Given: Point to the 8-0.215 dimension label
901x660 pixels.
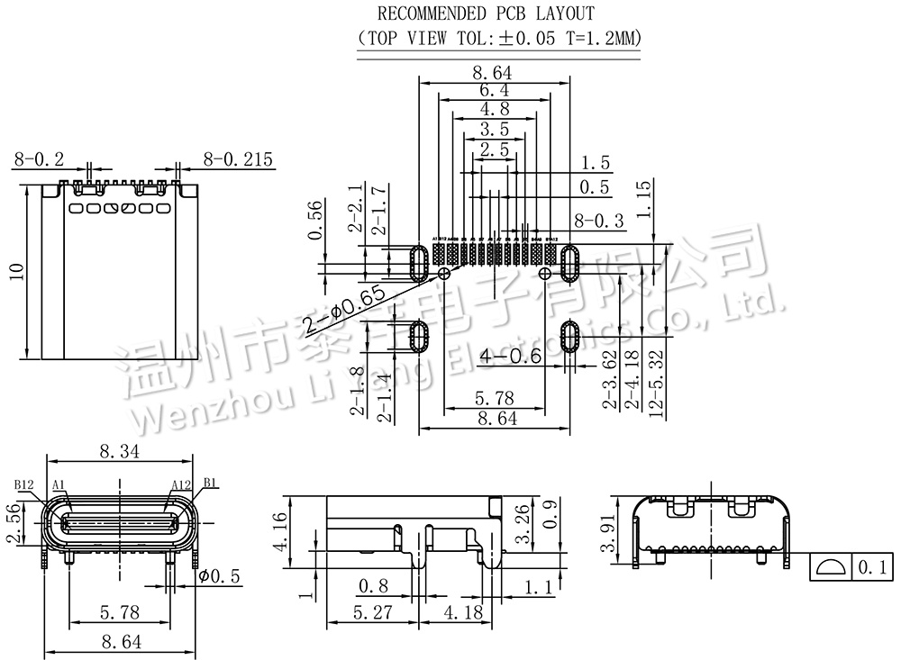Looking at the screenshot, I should point(238,160).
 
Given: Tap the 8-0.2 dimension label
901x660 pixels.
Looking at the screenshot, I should point(39,160).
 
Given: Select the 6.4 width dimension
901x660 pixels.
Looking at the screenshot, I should point(495,91).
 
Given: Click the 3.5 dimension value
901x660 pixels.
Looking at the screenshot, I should point(495,129).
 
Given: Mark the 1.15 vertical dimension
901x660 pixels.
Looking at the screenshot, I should point(643,200).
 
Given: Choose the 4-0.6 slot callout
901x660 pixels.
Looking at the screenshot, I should point(510,357).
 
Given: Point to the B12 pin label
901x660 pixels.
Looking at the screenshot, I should point(24,484).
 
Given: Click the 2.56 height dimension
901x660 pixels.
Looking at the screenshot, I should point(13,524).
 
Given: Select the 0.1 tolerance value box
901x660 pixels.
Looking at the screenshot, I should point(871,567).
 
